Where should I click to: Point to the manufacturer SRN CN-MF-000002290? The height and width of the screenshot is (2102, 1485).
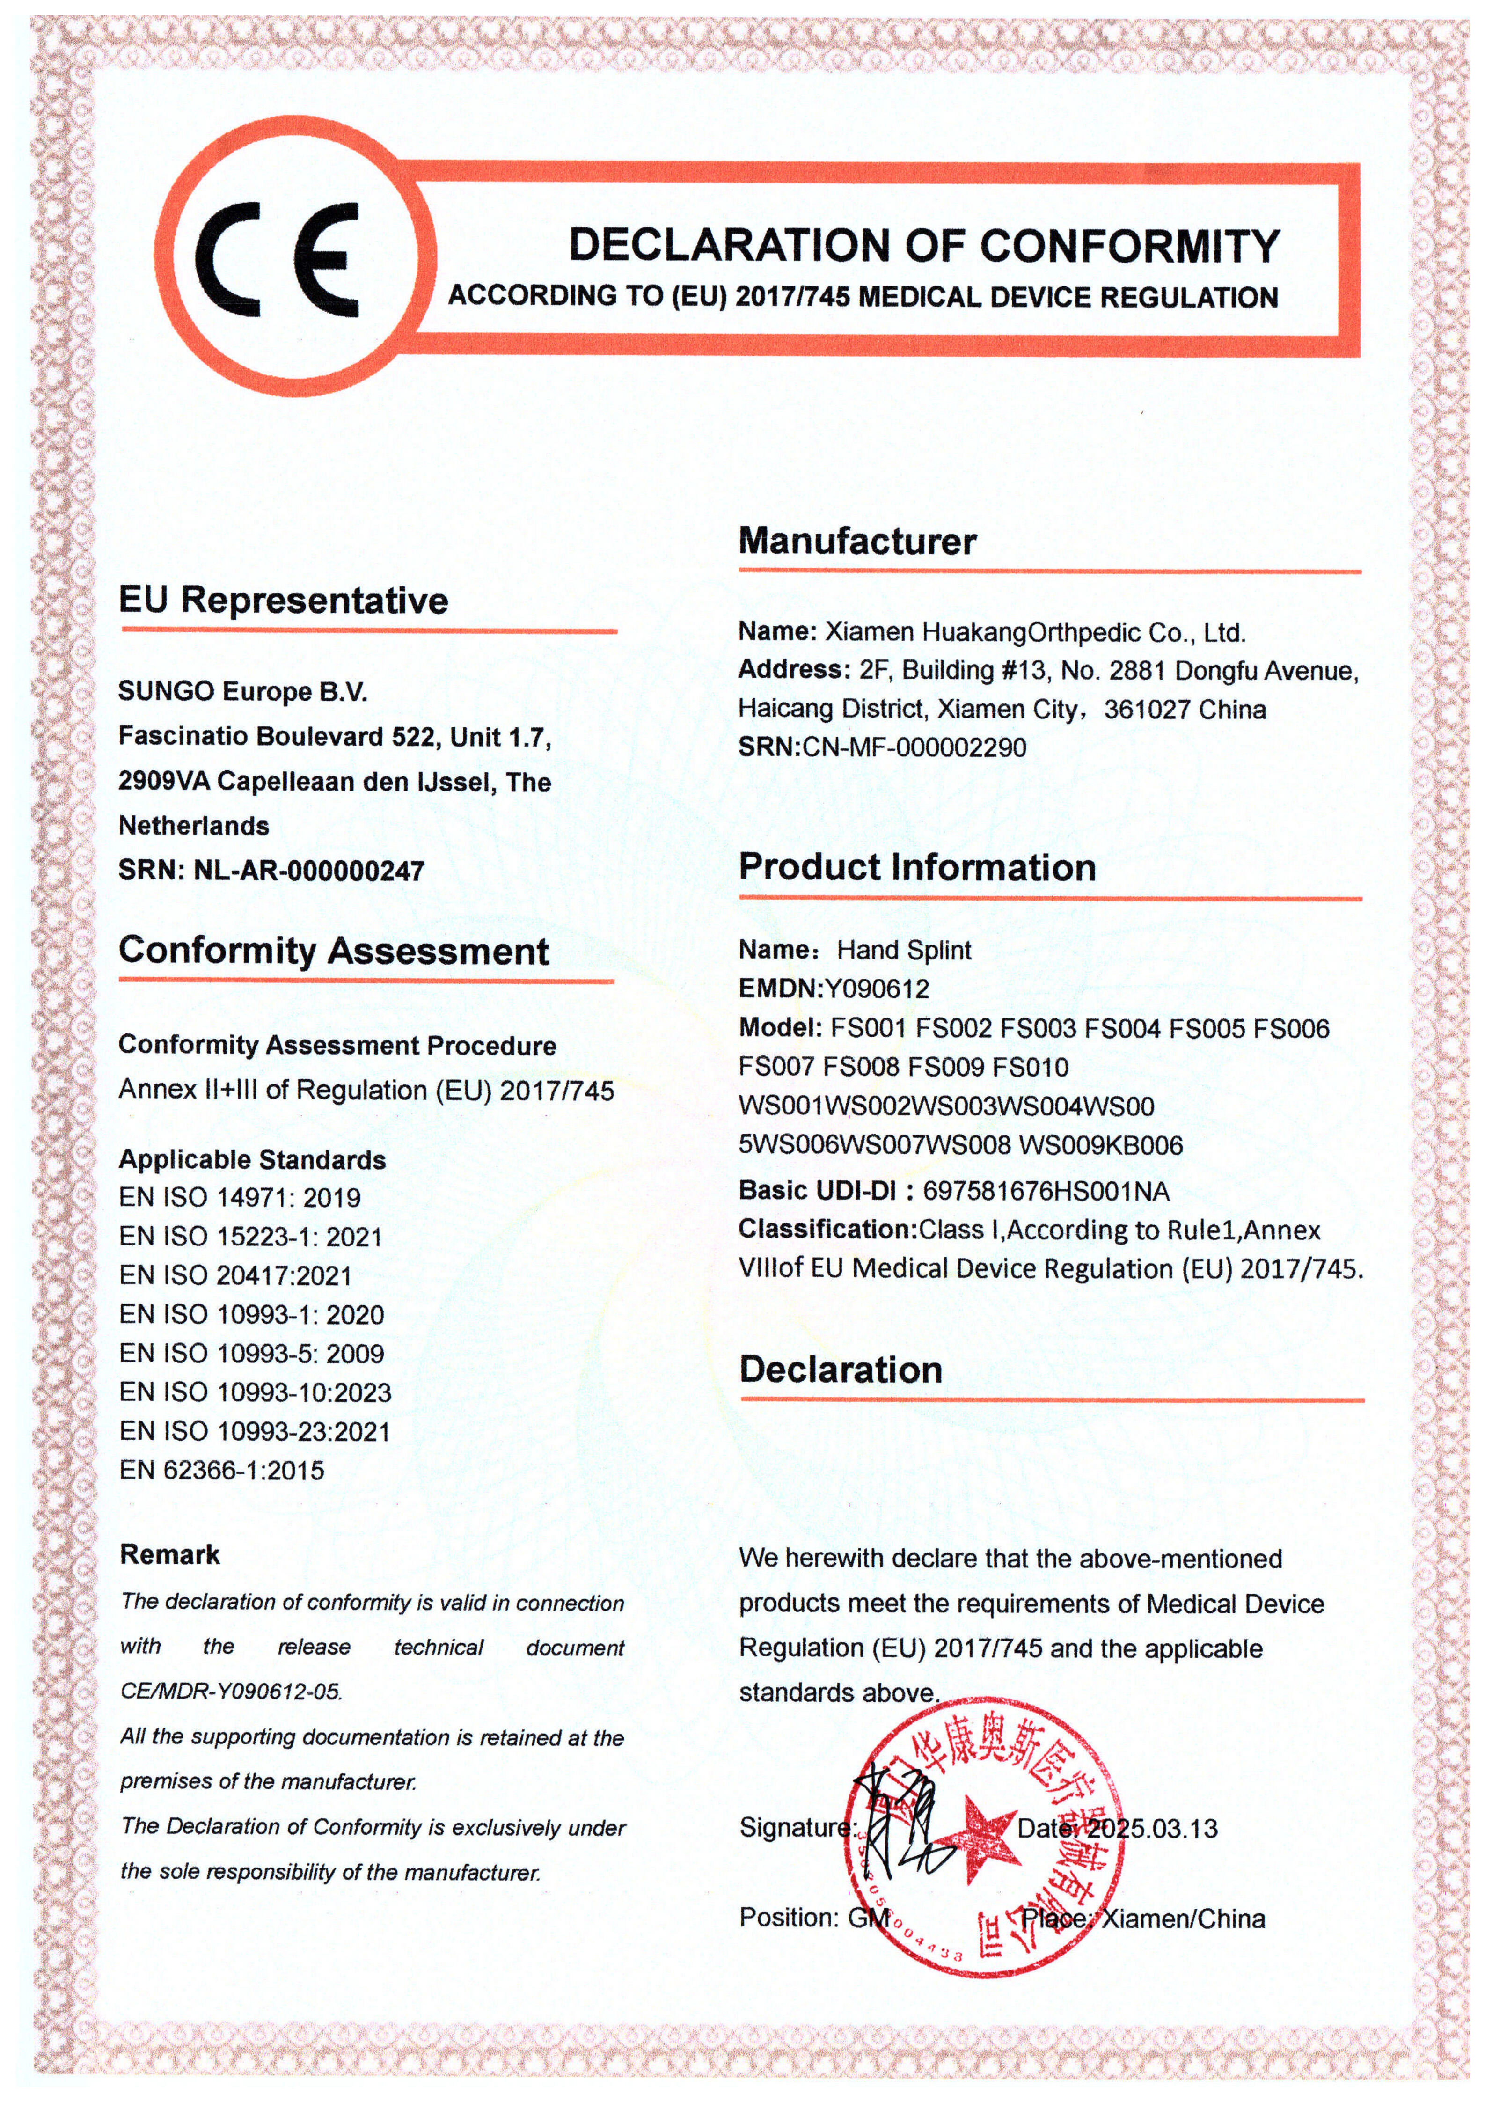pos(914,747)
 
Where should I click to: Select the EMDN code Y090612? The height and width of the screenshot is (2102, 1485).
pos(877,989)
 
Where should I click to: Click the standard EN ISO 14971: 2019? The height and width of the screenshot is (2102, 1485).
pos(240,1197)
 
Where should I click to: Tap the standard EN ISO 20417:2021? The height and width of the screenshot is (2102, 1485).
pos(235,1275)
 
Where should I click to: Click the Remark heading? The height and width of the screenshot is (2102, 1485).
pos(170,1554)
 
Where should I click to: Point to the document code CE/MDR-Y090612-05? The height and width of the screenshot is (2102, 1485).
pos(231,1691)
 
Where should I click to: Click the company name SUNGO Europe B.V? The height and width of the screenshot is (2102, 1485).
pos(242,691)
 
